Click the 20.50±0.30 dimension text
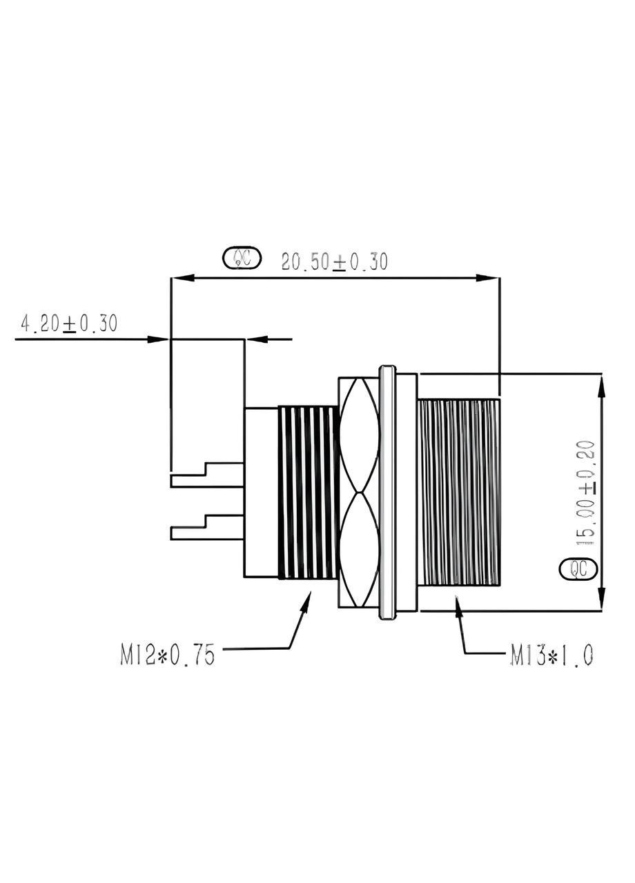coord(334,261)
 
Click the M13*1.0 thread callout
coord(551,655)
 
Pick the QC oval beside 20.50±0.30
coord(242,258)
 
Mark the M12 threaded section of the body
coord(307,492)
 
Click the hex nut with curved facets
coord(358,492)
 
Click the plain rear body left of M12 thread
coord(260,492)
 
